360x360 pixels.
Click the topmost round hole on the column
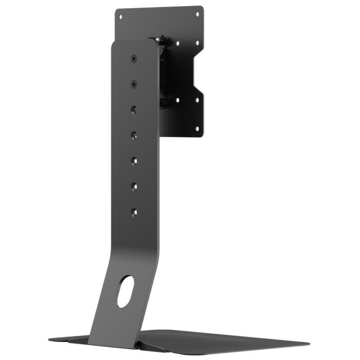tap(134, 59)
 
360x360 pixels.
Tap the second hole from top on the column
tap(134, 83)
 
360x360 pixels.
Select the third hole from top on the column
tap(134, 109)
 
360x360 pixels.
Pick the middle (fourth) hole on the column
tap(134, 135)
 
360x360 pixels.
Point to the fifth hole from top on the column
tap(134, 160)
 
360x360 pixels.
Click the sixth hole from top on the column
tap(134, 186)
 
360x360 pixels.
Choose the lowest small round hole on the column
tap(134, 211)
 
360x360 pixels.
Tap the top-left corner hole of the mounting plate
tap(121, 16)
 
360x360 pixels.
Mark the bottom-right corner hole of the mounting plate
tap(197, 129)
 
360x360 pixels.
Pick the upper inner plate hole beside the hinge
tap(177, 43)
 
